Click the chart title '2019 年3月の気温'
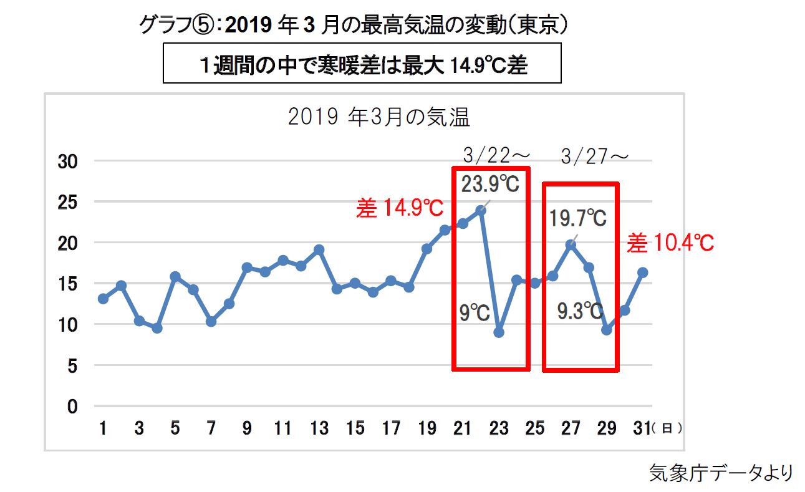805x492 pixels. (378, 117)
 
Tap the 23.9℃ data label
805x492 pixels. (490, 185)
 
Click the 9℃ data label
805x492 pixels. (475, 312)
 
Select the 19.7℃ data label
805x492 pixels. (578, 219)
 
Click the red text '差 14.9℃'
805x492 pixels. (400, 208)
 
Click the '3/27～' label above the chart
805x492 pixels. (594, 156)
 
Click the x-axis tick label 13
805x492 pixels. (319, 429)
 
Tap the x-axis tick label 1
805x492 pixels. (103, 429)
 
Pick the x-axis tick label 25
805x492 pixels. (535, 429)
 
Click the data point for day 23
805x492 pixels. (499, 332)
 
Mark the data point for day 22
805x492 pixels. (481, 210)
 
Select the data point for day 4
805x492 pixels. (157, 328)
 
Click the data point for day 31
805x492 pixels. (643, 273)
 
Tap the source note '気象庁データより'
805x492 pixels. (721, 472)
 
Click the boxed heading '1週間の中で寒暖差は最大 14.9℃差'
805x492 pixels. (362, 65)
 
